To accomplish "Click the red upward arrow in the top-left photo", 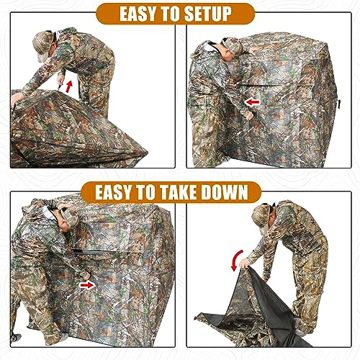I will coord(69,87).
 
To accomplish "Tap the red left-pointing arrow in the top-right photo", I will coord(251,102).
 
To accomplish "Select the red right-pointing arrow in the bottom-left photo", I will coord(107,284).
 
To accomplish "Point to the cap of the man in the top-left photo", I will coord(45,37).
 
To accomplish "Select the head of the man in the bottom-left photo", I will coord(67,218).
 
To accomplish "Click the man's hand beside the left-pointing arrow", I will coord(249,114).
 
